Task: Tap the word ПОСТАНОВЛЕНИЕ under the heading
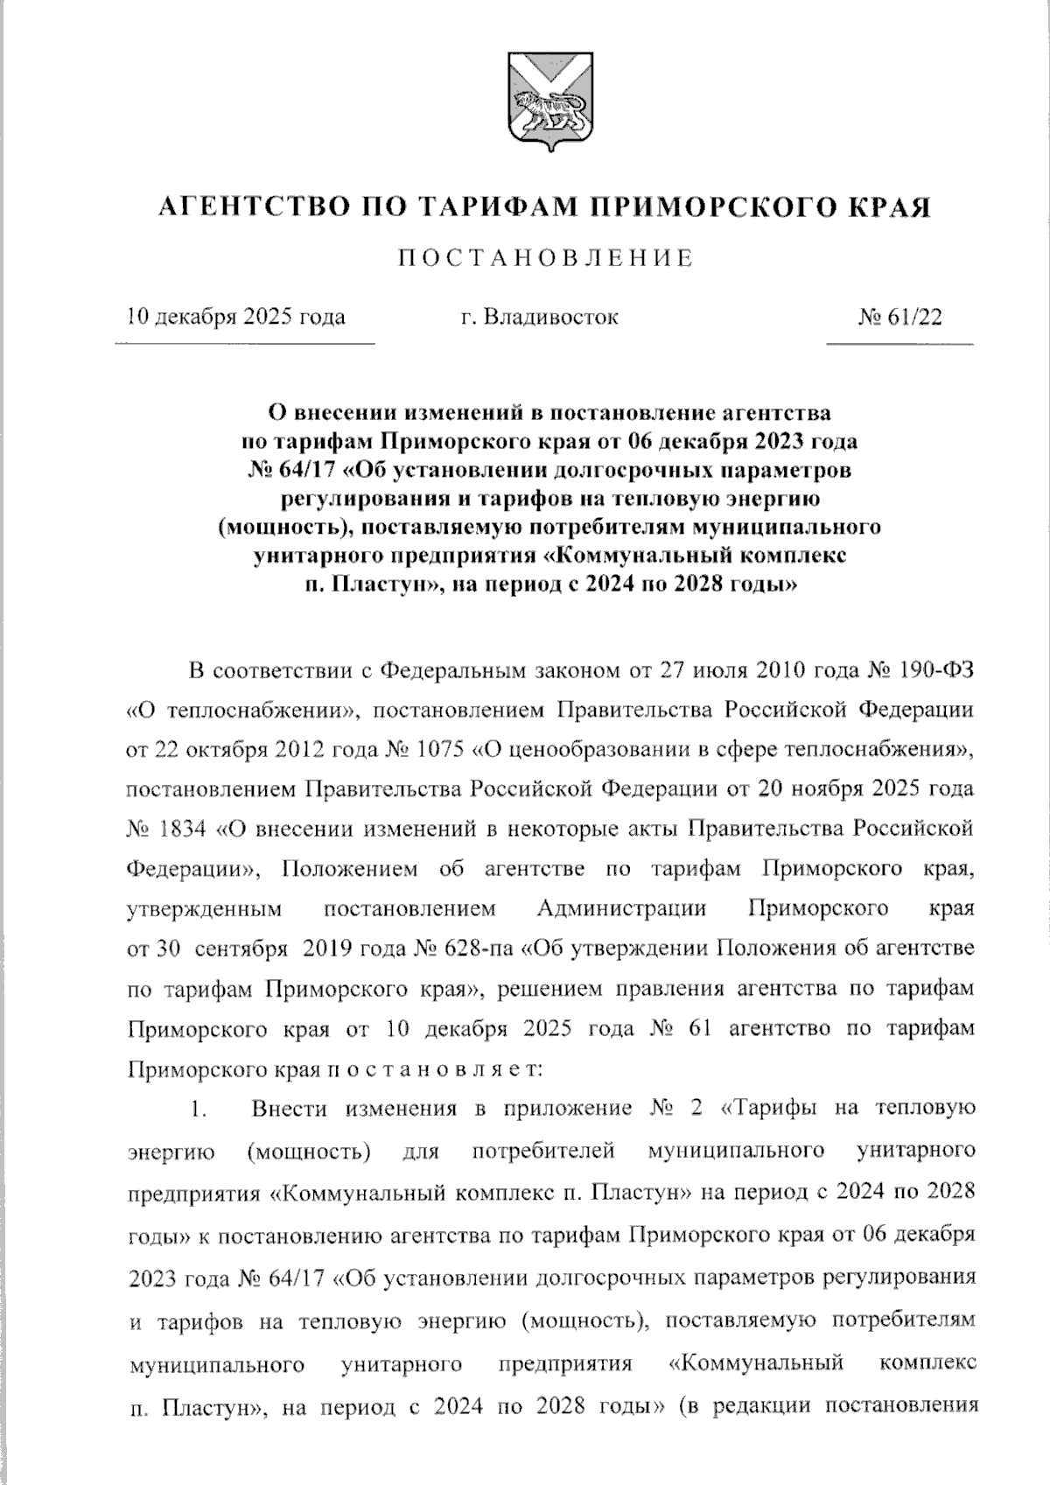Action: coord(546,259)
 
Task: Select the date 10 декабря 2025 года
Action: coord(235,317)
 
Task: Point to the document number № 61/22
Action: coord(900,317)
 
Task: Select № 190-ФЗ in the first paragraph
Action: coord(920,672)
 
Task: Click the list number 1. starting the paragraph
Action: coord(199,1110)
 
